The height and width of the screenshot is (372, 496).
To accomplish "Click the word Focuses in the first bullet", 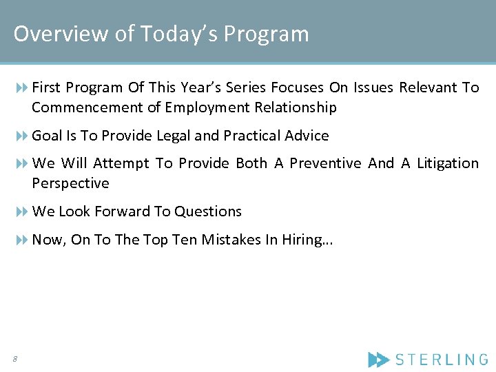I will click(294, 87).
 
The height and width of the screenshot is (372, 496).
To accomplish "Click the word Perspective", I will click(70, 183).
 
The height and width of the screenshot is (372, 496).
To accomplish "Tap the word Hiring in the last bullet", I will click(304, 240).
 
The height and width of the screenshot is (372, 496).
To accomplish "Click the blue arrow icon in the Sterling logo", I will click(378, 359).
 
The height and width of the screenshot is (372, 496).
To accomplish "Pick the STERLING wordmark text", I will click(442, 359).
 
